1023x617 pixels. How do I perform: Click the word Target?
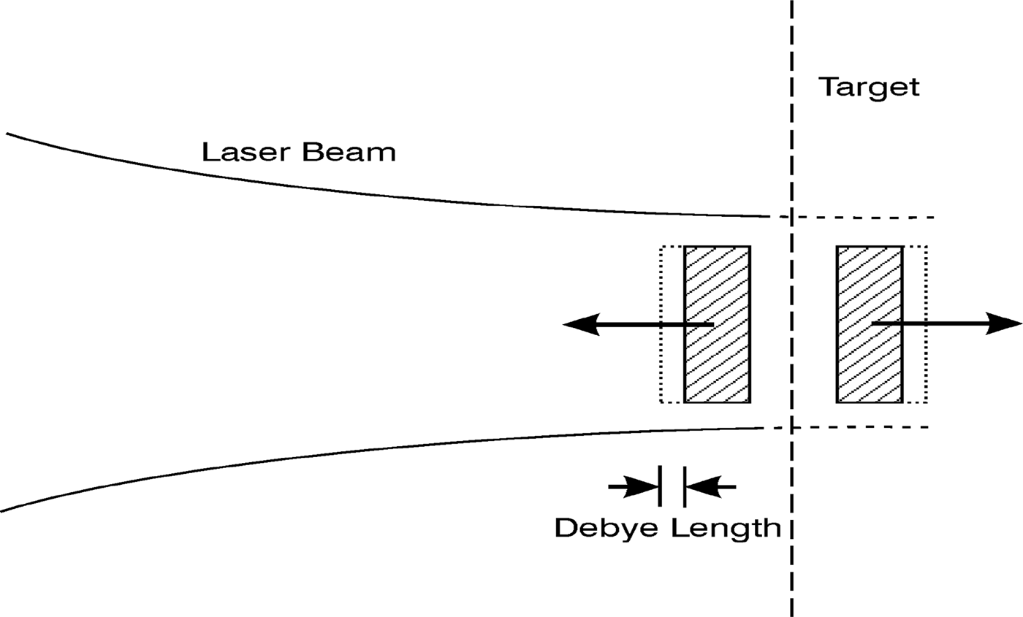click(x=868, y=87)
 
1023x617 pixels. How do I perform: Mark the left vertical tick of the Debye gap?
click(x=660, y=486)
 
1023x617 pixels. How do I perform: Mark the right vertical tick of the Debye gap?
click(x=685, y=486)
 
